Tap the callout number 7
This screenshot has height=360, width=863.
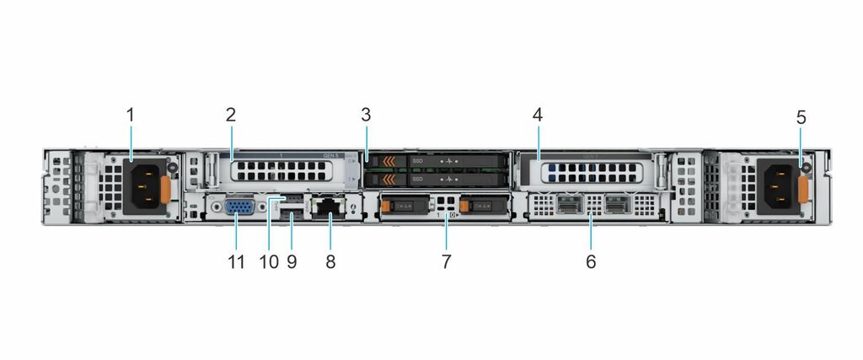(446, 261)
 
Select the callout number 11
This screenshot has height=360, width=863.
(236, 261)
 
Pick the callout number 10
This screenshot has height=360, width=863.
(269, 261)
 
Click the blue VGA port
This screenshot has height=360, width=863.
(237, 207)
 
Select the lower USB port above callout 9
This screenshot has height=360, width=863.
(292, 217)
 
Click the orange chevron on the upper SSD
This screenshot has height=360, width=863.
(389, 160)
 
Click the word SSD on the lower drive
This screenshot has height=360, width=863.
(418, 179)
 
